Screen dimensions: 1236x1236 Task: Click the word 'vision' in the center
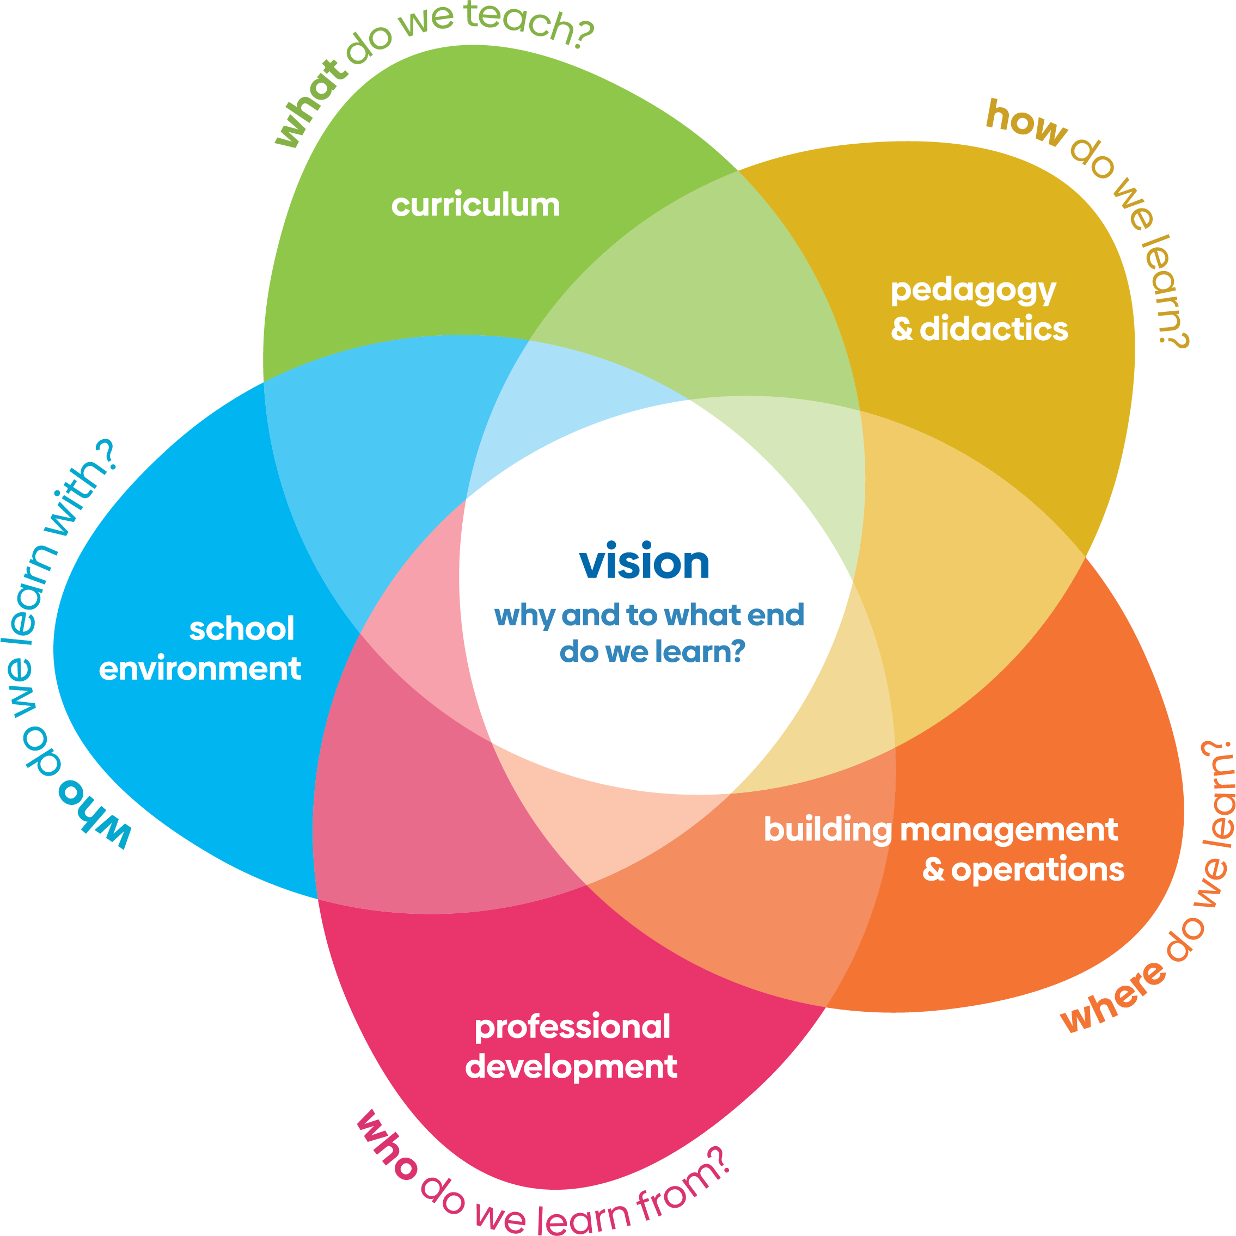pos(644,562)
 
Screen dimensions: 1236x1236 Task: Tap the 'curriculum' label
pos(475,205)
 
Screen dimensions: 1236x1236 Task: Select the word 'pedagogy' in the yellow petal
pos(973,291)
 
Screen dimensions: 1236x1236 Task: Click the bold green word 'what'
pos(311,105)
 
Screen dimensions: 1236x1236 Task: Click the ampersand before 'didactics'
pos(901,329)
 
